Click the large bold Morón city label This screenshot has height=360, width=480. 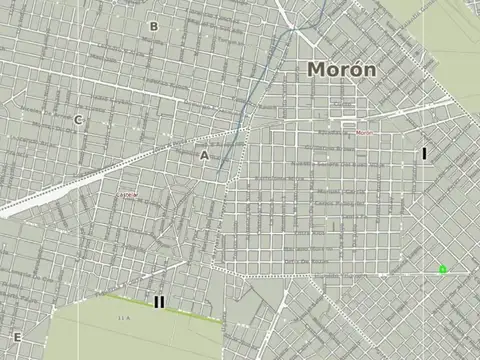point(342,70)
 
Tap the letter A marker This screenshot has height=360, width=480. point(204,156)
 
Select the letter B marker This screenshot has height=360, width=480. point(153,27)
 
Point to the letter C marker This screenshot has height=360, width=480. point(78,120)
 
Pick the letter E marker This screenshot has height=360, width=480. point(16,337)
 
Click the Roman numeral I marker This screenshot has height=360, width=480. point(424,154)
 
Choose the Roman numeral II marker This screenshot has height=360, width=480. point(159,301)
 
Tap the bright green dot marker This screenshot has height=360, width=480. point(442,269)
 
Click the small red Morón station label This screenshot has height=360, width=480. point(362,132)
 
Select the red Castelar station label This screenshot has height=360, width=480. point(128,194)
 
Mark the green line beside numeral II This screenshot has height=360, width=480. point(190,311)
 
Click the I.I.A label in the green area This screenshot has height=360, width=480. point(125,318)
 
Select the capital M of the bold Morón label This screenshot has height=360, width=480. point(317,70)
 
